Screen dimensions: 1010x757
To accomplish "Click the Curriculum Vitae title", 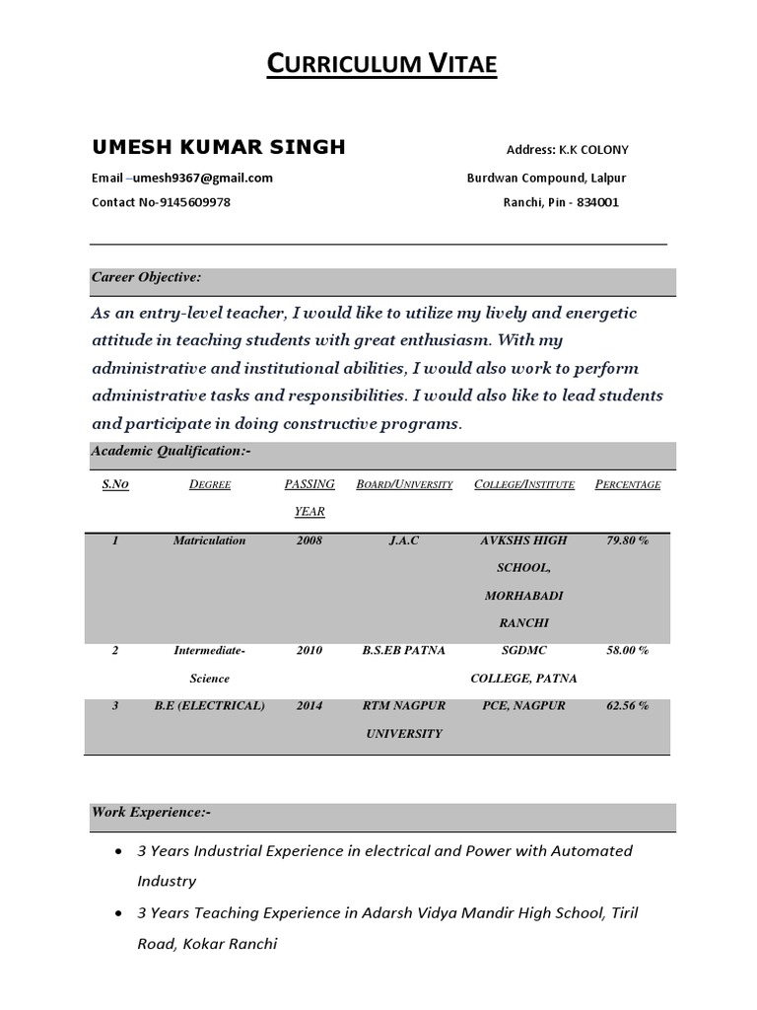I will pos(383,65).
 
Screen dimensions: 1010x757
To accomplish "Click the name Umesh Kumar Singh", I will pos(218,148).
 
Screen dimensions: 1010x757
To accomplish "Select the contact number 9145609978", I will pos(194,202).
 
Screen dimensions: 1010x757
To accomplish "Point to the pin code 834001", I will pos(598,202).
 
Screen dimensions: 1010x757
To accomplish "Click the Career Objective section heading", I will pos(146,278).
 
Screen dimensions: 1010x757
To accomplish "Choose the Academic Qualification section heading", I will pos(172,451).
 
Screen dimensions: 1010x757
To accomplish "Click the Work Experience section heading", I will pos(151,813).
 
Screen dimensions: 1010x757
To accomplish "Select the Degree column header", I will pos(209,485).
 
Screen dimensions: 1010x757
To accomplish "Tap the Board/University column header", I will pos(404,485).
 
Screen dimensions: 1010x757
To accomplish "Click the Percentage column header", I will pos(628,485).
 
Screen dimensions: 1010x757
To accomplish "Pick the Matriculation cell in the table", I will pos(209,541).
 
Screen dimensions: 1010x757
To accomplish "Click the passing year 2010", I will pos(310,651).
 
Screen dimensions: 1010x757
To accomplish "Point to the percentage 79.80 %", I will pos(628,541).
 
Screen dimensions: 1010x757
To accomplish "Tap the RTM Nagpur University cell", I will pos(404,719).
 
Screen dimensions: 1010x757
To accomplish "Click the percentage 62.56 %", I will pos(628,706).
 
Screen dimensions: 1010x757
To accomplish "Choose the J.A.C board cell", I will pos(404,541).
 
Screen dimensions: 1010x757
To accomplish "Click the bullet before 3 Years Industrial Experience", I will pos(119,851).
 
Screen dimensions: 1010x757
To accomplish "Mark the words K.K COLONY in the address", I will pos(593,151).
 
